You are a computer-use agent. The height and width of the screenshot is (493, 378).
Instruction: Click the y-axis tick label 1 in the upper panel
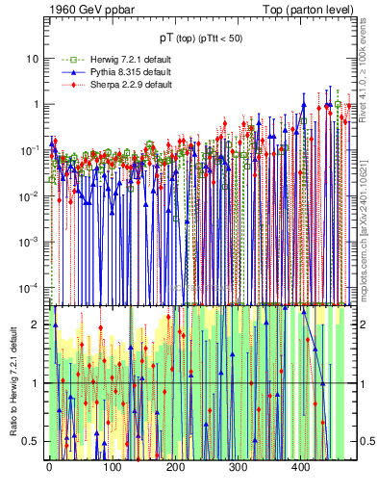tap(37, 104)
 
